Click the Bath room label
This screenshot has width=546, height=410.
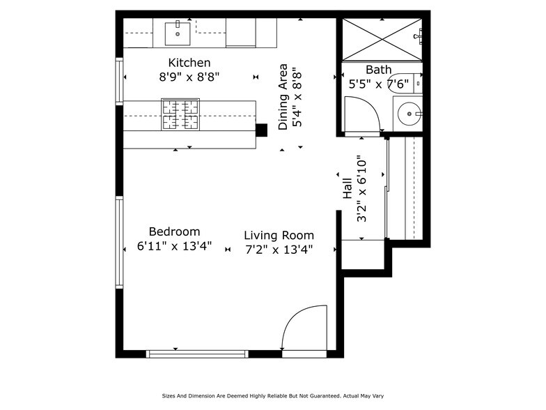click(378, 70)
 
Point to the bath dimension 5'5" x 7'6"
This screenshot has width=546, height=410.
click(378, 84)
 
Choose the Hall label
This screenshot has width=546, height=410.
click(347, 187)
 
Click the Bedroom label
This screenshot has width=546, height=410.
click(174, 231)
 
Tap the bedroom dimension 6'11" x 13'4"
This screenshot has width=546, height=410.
click(174, 247)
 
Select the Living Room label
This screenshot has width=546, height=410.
click(279, 235)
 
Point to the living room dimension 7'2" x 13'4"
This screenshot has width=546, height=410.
click(279, 250)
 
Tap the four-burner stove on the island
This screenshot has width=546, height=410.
click(180, 115)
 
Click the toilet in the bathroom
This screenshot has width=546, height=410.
click(407, 83)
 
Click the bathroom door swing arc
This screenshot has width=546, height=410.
click(361, 114)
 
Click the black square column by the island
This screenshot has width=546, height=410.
click(261, 129)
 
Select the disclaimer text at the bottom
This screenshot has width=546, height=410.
click(272, 395)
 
